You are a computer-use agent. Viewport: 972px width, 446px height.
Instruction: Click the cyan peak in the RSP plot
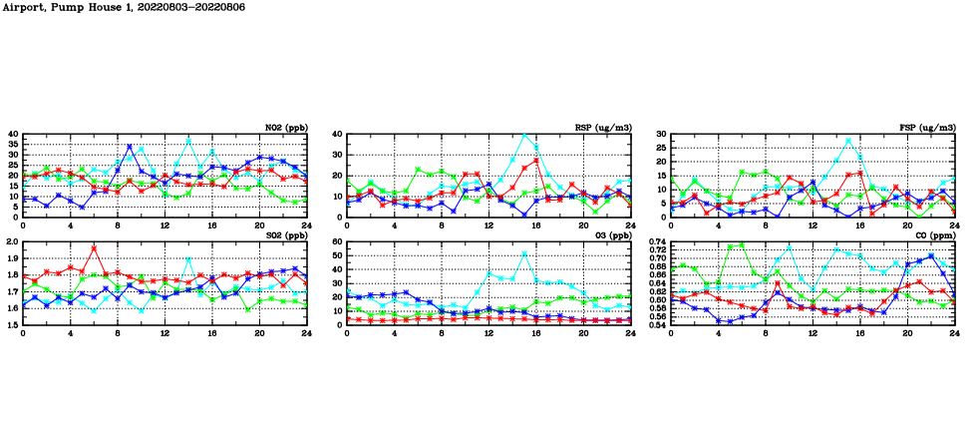524,135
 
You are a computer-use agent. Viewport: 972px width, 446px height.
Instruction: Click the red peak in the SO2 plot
94,247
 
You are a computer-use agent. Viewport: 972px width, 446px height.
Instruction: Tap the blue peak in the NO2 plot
130,147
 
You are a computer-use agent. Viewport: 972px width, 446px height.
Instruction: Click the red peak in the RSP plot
536,160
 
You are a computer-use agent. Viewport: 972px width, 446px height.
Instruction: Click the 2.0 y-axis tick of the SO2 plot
12,242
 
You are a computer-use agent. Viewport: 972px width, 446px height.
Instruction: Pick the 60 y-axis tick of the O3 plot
337,242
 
